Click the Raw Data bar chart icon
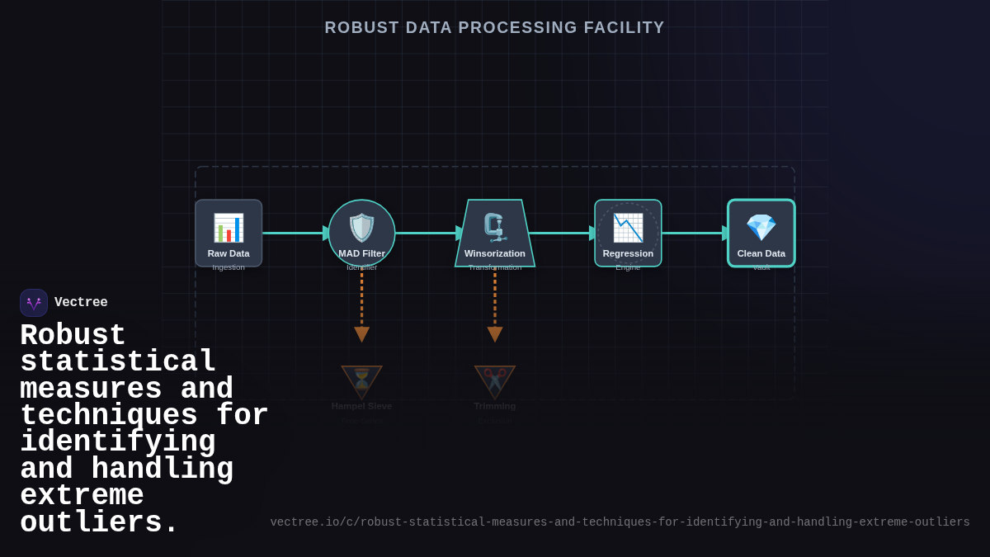[x=229, y=228]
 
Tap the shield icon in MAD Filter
[x=361, y=228]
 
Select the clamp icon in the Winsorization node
[x=494, y=227]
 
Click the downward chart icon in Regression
[x=628, y=228]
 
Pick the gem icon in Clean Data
[x=761, y=228]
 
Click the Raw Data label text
[x=229, y=253]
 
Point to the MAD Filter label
[x=361, y=253]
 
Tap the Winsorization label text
[x=494, y=253]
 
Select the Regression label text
[x=628, y=253]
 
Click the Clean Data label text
[x=761, y=253]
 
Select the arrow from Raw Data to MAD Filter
[x=295, y=234]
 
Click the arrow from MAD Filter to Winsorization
[x=427, y=234]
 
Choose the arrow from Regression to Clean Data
[x=695, y=234]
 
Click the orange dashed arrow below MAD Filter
[x=361, y=305]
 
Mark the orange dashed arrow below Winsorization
[x=495, y=305]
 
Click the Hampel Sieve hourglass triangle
[x=361, y=380]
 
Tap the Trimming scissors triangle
[x=495, y=380]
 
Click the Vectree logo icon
[x=34, y=303]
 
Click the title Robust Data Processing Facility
[x=494, y=27]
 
